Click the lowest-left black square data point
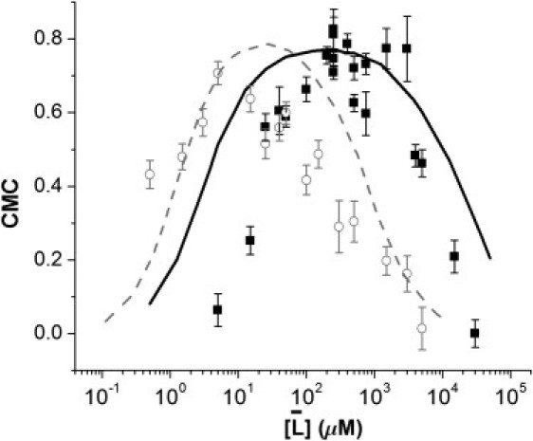(217, 310)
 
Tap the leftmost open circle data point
(149, 175)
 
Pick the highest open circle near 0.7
(218, 73)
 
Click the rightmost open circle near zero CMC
(421, 328)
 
